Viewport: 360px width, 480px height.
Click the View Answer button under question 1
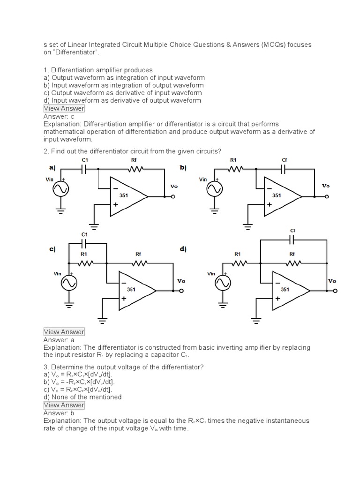click(x=64, y=108)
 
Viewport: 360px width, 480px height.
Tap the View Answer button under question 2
click(x=64, y=332)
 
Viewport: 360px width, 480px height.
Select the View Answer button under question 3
click(x=64, y=405)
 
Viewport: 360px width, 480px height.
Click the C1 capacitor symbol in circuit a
click(x=85, y=169)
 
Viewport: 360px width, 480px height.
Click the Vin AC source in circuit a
click(x=61, y=189)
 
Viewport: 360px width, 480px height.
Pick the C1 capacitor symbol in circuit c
click(x=85, y=243)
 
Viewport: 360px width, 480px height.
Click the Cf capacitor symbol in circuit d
click(x=292, y=240)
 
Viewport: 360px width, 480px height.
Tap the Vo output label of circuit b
click(x=326, y=186)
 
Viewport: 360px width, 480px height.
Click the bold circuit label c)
click(x=52, y=249)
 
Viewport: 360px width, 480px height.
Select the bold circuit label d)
click(x=183, y=249)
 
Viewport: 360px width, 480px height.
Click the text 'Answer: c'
click(x=59, y=116)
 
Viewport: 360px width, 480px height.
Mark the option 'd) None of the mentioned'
click(x=82, y=397)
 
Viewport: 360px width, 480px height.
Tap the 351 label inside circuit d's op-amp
click(x=285, y=290)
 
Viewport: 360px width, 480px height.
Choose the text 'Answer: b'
click(x=59, y=413)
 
